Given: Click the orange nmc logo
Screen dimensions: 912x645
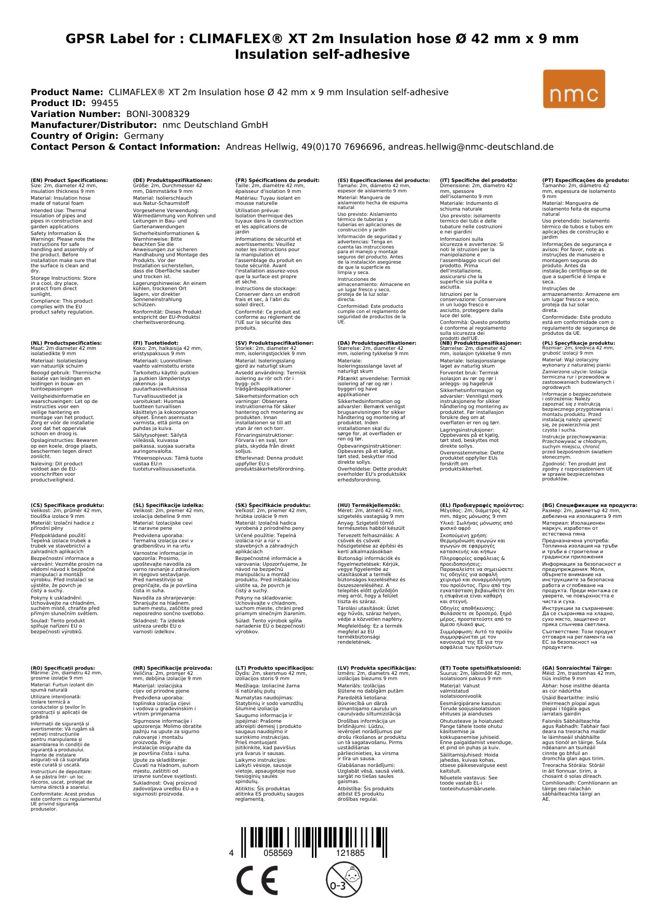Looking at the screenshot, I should point(574,89).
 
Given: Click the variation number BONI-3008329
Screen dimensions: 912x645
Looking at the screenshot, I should point(158,114).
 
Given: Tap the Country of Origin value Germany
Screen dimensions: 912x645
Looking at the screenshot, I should point(144,136).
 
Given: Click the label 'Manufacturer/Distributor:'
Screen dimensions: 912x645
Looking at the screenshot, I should point(94,125).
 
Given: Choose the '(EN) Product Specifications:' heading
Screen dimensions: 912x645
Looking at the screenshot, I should point(69,180).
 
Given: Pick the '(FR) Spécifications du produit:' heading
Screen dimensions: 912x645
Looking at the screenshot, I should point(277,180).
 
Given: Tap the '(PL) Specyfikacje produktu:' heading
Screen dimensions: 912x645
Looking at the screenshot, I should point(578,343).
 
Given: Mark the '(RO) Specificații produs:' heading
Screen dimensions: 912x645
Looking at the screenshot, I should point(63,668).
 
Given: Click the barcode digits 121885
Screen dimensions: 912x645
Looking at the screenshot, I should point(350,853).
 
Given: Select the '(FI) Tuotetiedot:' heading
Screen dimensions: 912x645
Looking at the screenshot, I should point(155,343).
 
